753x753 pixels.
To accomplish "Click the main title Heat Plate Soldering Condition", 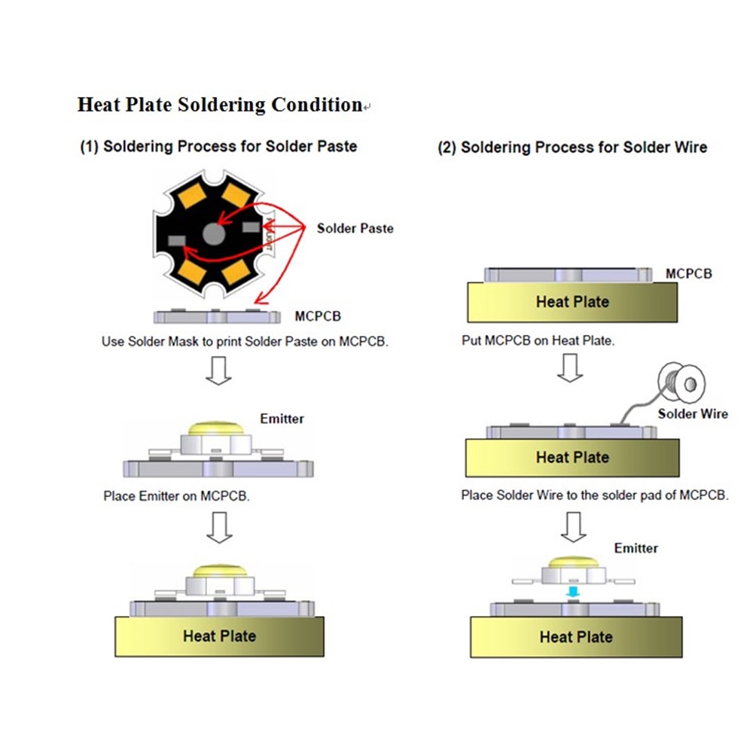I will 220,105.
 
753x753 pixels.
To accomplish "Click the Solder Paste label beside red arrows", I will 355,228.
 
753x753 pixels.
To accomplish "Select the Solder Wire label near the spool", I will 693,413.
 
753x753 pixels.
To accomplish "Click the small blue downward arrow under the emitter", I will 574,593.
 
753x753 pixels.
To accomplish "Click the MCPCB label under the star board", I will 318,316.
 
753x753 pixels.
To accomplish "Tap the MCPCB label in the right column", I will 688,274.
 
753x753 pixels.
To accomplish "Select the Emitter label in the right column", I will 636,548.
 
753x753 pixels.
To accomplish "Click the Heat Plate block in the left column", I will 219,636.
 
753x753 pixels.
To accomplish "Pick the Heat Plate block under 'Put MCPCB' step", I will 572,303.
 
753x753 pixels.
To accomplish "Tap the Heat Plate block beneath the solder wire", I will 572,457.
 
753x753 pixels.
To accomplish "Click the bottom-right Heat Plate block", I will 575,637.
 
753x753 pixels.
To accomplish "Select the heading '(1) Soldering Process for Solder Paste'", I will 218,146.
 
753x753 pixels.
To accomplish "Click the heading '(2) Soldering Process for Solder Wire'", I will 572,147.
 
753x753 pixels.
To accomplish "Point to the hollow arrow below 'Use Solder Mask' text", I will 218,370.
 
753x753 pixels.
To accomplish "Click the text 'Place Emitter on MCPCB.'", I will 176,496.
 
